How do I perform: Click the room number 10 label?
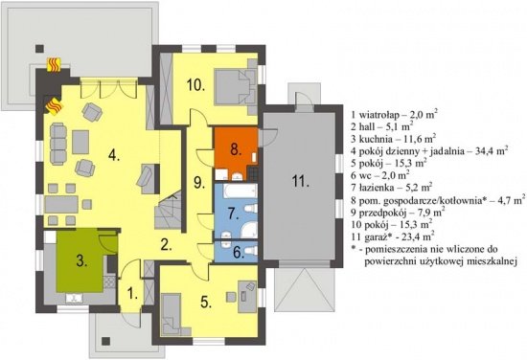(x=195, y=85)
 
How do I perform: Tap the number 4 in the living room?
(x=114, y=156)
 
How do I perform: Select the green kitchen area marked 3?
(x=80, y=260)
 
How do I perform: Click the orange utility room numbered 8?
(x=236, y=148)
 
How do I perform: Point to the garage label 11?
(x=300, y=182)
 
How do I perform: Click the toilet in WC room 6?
(x=251, y=250)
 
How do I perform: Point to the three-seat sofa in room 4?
(x=58, y=144)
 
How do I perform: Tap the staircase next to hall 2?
(x=169, y=213)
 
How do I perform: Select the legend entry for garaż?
(x=392, y=236)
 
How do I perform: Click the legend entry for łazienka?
(x=391, y=187)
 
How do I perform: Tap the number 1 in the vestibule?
(x=132, y=295)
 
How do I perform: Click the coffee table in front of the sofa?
(x=80, y=142)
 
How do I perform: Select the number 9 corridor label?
(x=198, y=184)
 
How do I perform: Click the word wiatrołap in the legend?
(x=379, y=115)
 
